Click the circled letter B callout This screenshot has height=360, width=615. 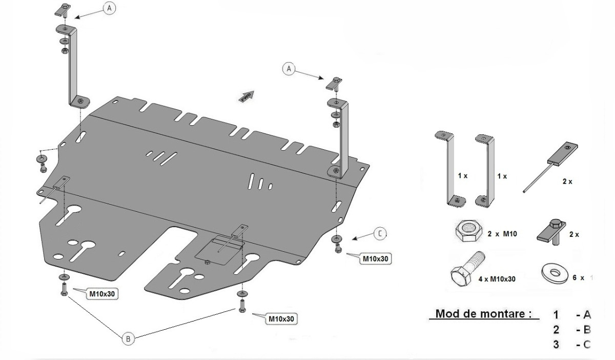[x=129, y=338]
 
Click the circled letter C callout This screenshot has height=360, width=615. [x=379, y=234]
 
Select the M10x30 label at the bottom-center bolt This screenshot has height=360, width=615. [x=281, y=318]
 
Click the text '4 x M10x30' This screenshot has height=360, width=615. [x=497, y=279]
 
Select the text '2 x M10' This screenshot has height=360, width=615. [x=502, y=234]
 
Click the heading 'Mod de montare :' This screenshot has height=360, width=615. [x=483, y=313]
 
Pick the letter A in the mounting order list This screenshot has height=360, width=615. [x=587, y=314]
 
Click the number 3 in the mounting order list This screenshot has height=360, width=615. [x=556, y=345]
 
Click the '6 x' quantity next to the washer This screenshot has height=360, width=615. [x=578, y=277]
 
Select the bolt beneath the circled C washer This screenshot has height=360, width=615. [x=338, y=249]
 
